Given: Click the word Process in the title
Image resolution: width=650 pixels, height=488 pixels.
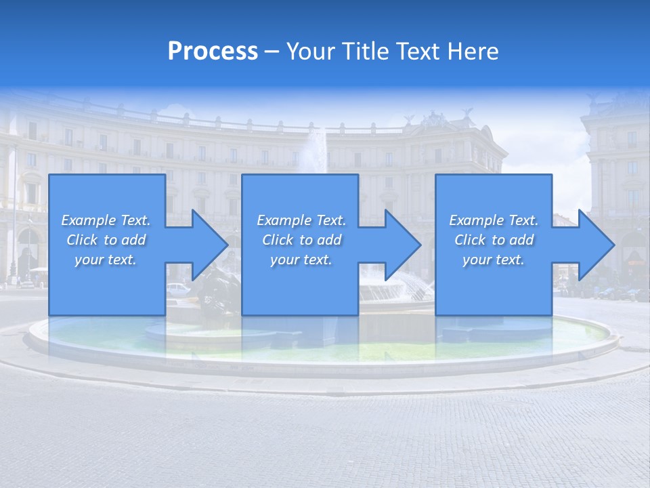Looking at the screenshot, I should coord(213,52).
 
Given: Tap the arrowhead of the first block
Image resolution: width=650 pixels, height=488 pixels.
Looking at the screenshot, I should coord(207,245).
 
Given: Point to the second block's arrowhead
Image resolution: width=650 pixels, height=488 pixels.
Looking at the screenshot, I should coord(399,245).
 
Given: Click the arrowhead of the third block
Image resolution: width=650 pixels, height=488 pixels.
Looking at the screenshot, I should coord(593,245).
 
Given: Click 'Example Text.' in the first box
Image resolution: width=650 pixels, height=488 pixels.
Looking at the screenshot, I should coord(106,220).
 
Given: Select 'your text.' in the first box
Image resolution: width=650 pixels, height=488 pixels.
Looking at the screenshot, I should coord(106,260).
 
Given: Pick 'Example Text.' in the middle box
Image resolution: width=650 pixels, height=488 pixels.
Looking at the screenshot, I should coord(301,220).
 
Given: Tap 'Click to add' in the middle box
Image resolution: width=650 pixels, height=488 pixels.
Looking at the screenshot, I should coord(301,240).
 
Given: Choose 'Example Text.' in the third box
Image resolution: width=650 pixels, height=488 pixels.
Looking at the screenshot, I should coord(494,220).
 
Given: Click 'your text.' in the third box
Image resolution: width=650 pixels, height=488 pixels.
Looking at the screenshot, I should coord(494,260).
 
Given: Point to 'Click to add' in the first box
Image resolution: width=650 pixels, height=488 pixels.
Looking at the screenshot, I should coord(106,240).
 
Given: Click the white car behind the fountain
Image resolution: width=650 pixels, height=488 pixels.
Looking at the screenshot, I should coord(177,288).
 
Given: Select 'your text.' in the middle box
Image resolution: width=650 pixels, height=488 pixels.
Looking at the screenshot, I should coord(301,260).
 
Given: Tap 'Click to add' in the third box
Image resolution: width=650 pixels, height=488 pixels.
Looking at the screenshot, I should coord(494,240).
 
